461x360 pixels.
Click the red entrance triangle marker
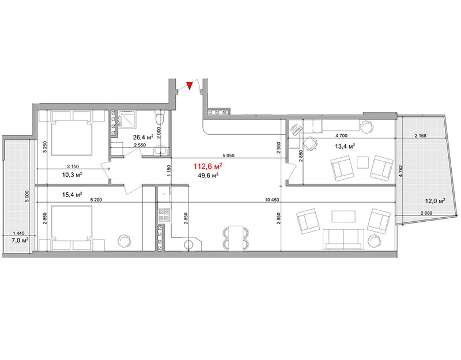(x=190, y=85)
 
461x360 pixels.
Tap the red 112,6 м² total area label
(x=207, y=166)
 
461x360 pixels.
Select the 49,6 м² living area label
(x=208, y=176)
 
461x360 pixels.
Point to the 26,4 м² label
(x=143, y=137)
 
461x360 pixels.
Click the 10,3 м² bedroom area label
(x=72, y=175)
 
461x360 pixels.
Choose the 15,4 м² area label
(x=72, y=194)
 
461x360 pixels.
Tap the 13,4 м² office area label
(x=345, y=146)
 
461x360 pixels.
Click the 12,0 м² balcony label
(x=435, y=201)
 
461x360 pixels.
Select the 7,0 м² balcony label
(x=20, y=240)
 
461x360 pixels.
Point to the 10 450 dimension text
(x=272, y=200)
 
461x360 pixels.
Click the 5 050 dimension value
(x=228, y=156)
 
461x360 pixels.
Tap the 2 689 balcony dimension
(x=426, y=213)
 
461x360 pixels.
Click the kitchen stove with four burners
(x=164, y=214)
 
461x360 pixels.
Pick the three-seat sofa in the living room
(x=343, y=239)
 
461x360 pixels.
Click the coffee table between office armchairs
(x=363, y=162)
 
